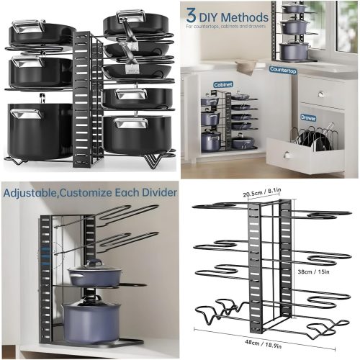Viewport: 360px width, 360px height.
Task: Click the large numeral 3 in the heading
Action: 192,15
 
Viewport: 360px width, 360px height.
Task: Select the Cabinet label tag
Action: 222,84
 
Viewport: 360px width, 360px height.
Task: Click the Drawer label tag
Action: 309,117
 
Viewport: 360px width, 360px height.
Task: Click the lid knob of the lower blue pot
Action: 89,297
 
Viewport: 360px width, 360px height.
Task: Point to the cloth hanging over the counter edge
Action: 244,67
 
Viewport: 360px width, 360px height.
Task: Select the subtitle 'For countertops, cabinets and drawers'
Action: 223,27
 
